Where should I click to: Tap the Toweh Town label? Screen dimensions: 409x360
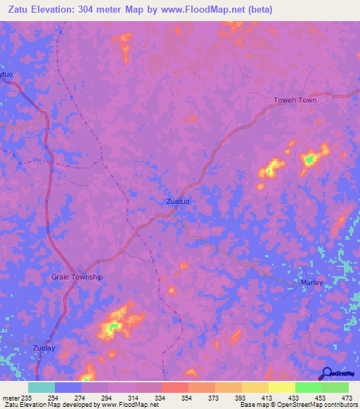pyautogui.click(x=295, y=100)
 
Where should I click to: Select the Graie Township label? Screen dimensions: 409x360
pyautogui.click(x=77, y=277)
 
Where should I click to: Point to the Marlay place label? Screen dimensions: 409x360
pyautogui.click(x=312, y=283)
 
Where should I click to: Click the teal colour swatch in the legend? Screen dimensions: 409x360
pyautogui.click(x=41, y=387)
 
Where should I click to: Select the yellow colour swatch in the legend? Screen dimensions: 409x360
pyautogui.click(x=282, y=387)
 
